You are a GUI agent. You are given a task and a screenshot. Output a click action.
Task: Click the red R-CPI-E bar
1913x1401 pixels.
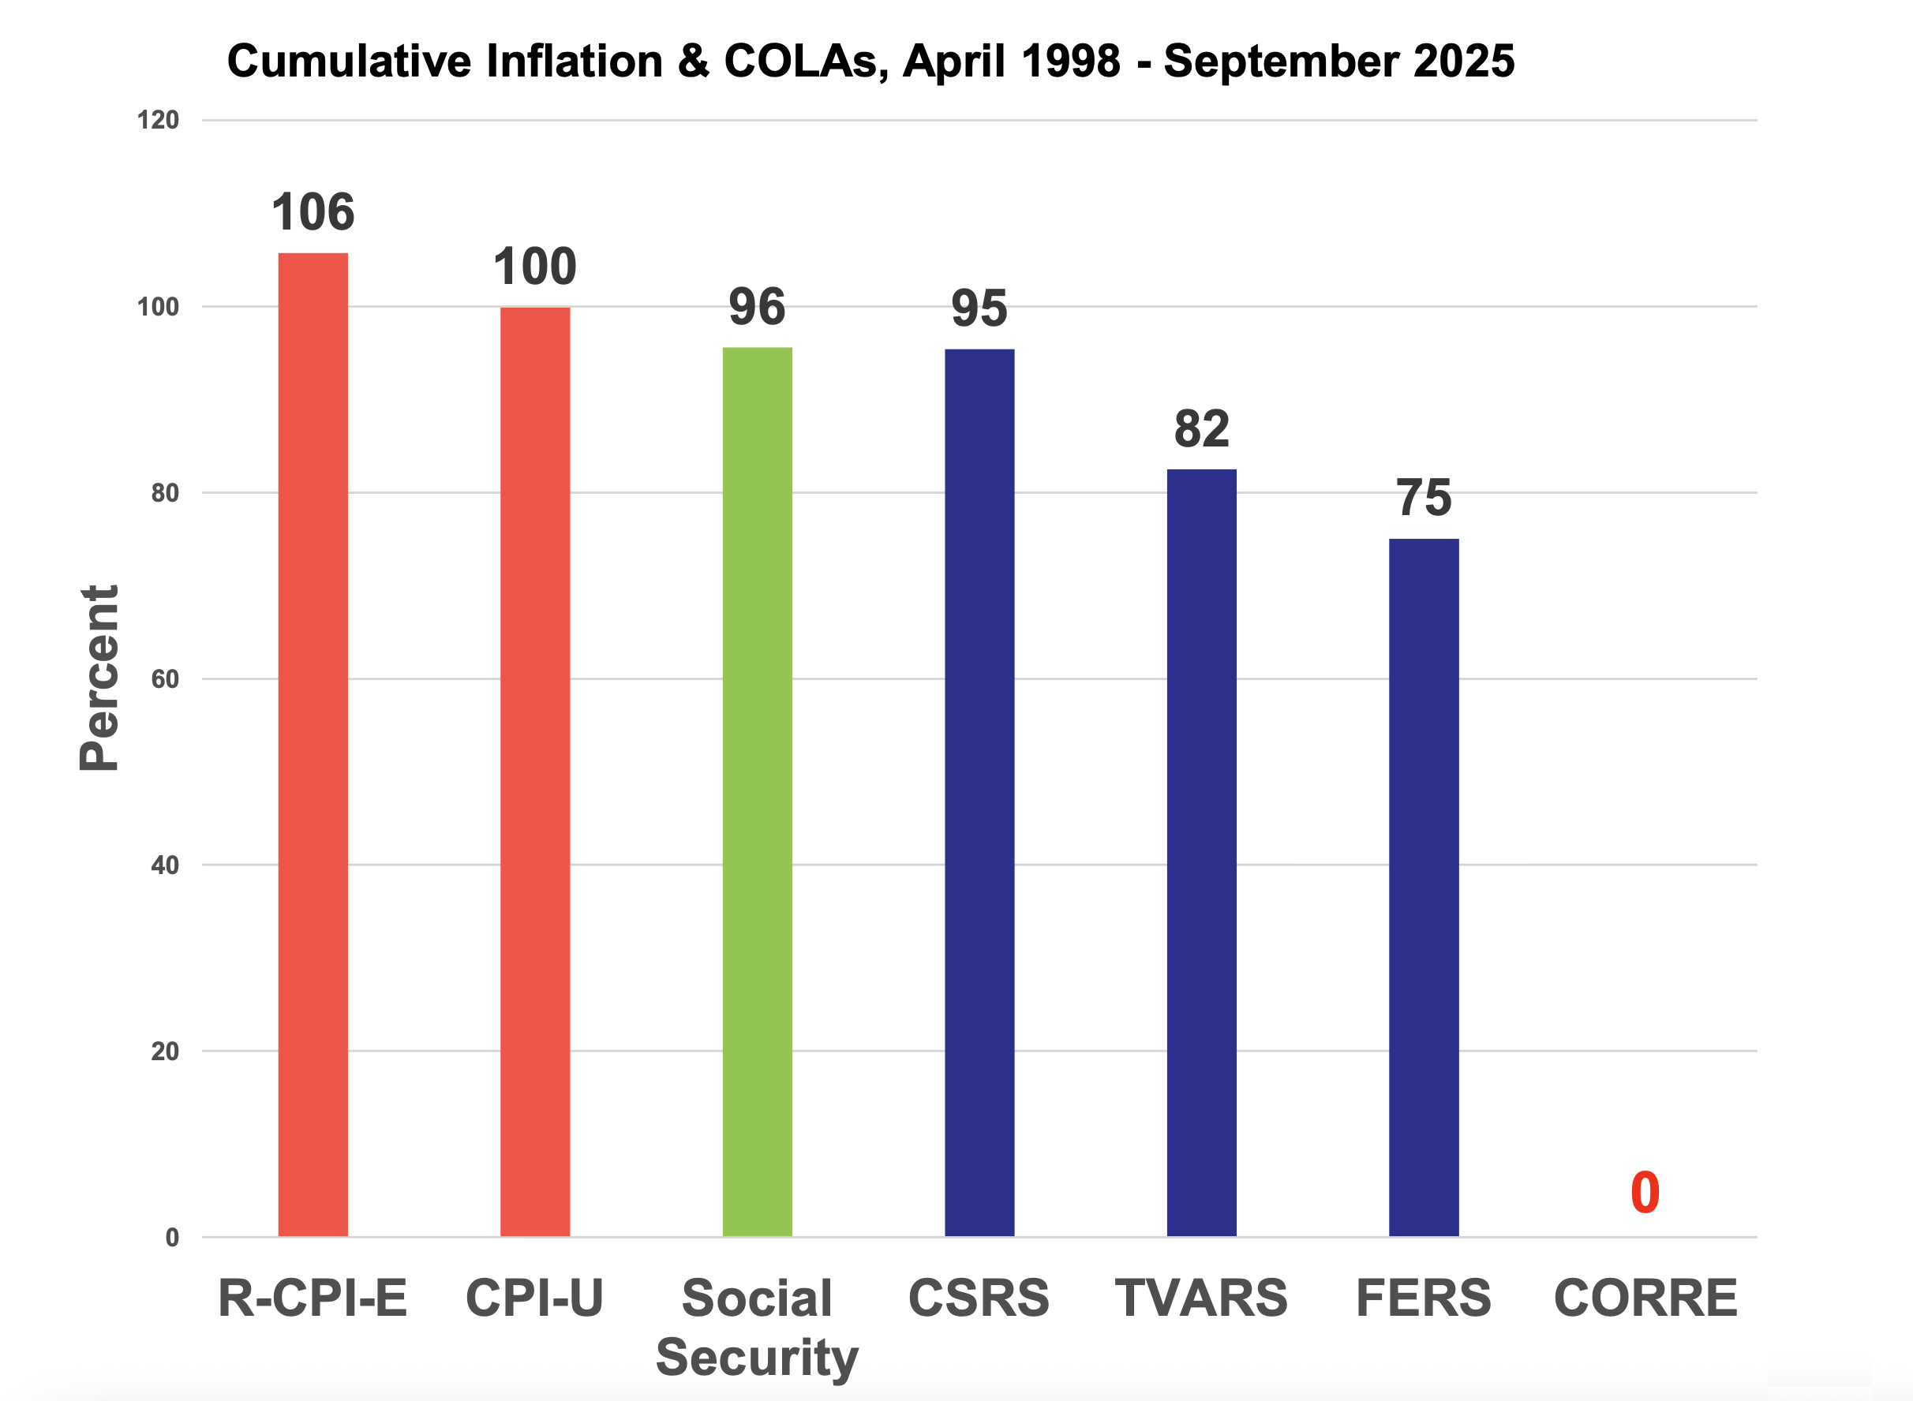point(313,745)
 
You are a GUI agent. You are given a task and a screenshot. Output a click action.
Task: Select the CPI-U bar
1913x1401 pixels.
point(535,771)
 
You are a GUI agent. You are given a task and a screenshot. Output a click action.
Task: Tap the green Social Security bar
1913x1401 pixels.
point(758,791)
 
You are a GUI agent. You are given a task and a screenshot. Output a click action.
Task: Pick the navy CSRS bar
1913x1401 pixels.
point(980,793)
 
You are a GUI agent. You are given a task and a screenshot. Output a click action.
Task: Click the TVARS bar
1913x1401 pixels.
point(1202,852)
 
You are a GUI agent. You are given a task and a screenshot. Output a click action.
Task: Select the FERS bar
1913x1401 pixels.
point(1424,887)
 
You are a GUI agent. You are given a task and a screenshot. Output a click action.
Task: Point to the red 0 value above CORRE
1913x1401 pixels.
point(1645,1194)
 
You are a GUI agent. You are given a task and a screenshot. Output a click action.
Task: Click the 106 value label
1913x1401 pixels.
point(313,212)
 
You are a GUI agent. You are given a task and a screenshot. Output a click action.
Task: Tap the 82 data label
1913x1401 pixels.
point(1202,429)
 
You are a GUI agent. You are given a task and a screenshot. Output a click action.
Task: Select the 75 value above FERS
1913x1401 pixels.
point(1424,498)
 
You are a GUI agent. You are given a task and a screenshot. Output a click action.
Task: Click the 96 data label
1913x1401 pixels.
point(758,307)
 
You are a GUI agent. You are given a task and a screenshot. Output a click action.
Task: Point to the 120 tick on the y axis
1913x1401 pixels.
point(159,121)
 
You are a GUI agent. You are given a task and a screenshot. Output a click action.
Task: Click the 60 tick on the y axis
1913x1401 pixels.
point(166,679)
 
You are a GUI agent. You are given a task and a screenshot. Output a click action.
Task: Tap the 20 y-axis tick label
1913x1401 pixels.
point(166,1052)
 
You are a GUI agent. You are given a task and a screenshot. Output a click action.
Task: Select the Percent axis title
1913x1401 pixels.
point(99,678)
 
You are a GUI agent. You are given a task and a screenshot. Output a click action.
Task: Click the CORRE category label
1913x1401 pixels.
point(1645,1298)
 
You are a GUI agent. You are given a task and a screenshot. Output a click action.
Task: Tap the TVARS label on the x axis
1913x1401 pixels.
point(1202,1298)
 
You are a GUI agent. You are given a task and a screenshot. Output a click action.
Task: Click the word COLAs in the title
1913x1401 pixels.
point(801,62)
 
